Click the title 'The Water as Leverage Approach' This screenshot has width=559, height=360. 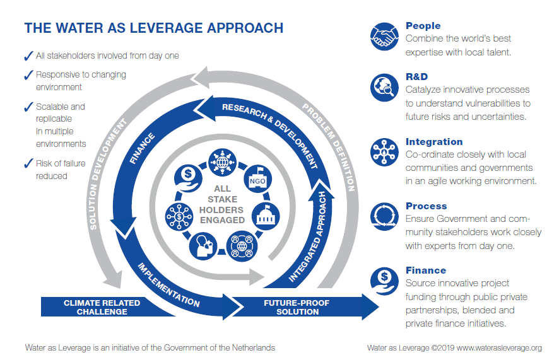point(153,28)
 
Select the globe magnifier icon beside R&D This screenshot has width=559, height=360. point(384,86)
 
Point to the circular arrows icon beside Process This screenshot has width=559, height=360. point(384,214)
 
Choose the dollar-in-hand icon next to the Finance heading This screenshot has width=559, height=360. point(384,279)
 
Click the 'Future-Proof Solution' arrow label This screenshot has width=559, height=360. point(297,307)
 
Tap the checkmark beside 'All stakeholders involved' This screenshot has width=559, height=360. point(28,56)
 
